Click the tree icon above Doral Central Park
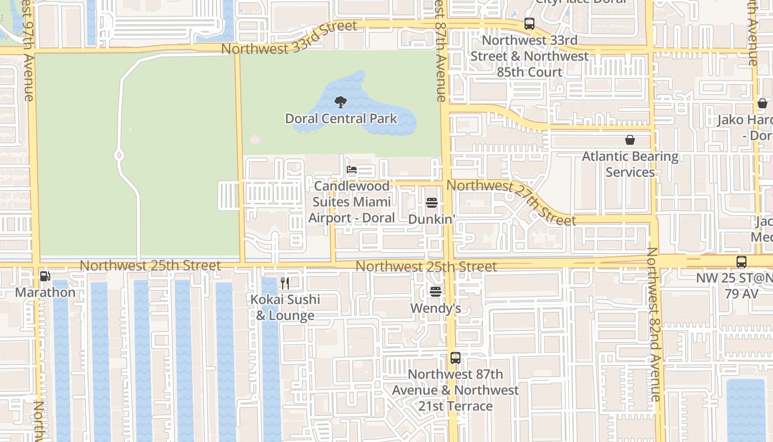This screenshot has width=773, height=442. pos(341,102)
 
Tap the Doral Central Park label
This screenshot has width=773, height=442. pos(341,118)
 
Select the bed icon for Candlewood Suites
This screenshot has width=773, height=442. pos(352,170)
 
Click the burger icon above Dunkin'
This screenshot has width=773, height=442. pos(432,203)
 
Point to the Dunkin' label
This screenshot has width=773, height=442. pos(432,219)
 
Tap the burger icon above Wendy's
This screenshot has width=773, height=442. pos(436,291)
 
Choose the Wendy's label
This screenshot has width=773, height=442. pos(436,308)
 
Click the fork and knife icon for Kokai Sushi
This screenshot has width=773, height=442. pos(285,283)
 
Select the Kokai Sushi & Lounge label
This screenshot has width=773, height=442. pos(285,307)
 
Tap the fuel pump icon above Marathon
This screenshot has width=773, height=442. pos(45,276)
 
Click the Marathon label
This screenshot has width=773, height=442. pos(45,292)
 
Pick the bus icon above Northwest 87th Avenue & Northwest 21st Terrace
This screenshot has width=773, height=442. pos(455,358)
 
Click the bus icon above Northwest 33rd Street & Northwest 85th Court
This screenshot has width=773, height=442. pos(530,24)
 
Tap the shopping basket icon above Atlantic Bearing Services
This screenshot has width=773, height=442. pos(630,140)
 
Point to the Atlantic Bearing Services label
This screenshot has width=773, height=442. pos(630,164)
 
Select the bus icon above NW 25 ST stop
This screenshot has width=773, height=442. pos(742,261)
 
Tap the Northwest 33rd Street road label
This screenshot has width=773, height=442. pos(289,38)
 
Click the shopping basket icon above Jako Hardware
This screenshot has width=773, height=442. pos(763,103)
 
